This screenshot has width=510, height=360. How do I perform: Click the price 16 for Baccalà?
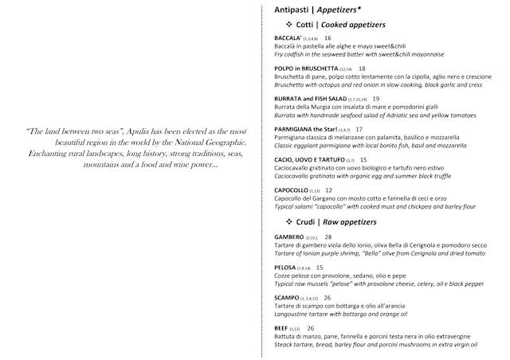(328, 38)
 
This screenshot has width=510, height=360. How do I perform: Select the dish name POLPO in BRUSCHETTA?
(307, 68)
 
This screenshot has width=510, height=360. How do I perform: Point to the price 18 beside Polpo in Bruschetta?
(362, 68)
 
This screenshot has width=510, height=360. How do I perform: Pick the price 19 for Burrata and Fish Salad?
(376, 99)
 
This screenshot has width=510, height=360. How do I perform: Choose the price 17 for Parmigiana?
(359, 129)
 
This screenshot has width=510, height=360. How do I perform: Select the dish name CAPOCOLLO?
(290, 190)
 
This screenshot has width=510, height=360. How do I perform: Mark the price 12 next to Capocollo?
(329, 190)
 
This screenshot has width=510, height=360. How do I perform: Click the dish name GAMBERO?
(288, 237)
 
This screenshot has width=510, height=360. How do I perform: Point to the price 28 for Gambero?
(328, 237)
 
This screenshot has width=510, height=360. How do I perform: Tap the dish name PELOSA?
(284, 268)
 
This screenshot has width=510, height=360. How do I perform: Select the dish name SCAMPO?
(286, 298)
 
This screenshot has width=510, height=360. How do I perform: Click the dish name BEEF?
(280, 328)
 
